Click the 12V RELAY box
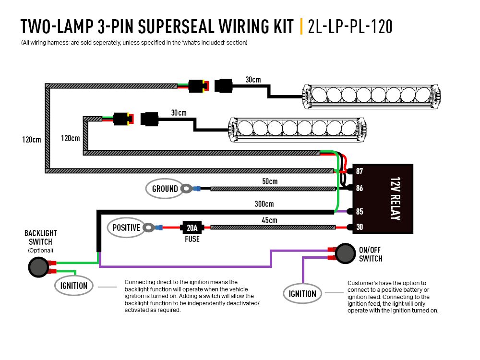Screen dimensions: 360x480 click(383, 199)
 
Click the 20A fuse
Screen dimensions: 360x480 click(192, 227)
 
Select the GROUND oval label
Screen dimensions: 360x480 click(165, 189)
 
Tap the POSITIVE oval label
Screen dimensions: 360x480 click(126, 228)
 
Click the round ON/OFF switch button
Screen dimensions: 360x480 click(344, 253)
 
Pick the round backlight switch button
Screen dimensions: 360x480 click(37, 267)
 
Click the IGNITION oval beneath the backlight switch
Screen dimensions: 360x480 click(74, 286)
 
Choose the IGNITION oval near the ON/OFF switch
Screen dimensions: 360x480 click(302, 294)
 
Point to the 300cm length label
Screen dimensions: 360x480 click(264, 204)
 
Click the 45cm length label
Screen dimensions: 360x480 click(269, 220)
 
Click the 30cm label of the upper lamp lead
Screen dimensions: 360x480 click(253, 79)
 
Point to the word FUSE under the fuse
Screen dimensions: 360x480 click(192, 239)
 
